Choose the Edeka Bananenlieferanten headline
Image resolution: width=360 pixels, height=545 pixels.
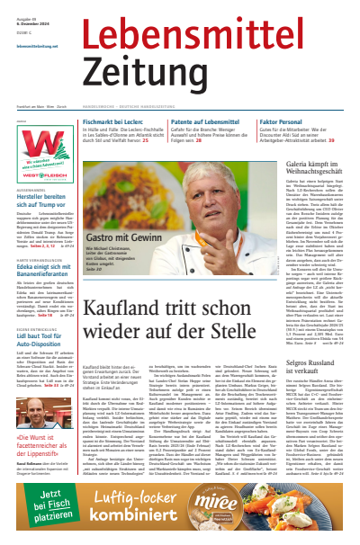click(40, 292)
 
